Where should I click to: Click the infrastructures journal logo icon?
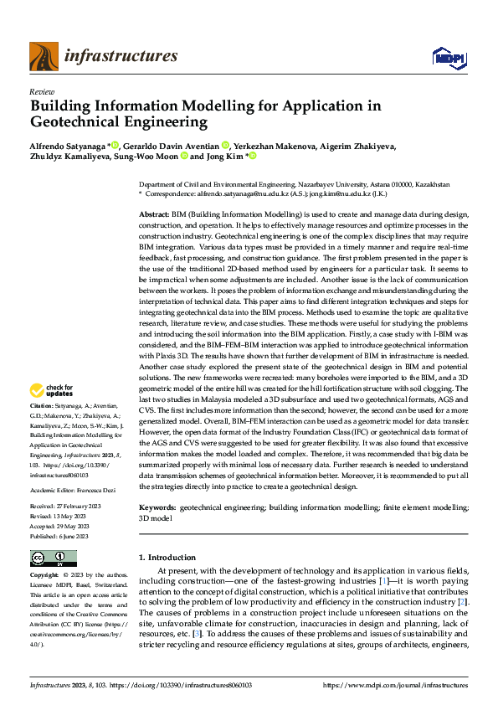pos(43,57)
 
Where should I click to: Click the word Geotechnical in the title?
pos(76,122)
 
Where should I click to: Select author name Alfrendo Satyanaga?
pos(66,145)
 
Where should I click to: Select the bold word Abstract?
pos(154,215)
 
